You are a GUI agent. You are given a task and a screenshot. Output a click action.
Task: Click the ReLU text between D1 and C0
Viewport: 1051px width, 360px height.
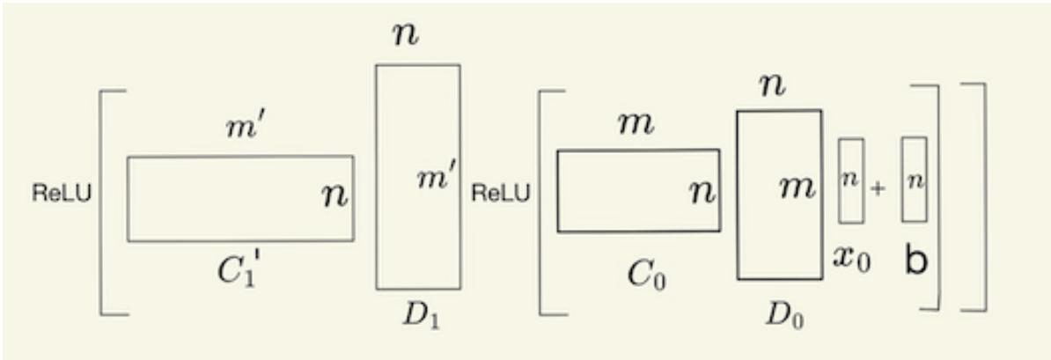click(x=502, y=194)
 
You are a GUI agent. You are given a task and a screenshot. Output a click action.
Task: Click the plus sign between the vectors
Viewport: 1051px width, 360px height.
click(x=878, y=189)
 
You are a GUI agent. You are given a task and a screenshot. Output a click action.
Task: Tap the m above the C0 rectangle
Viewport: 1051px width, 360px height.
click(x=636, y=123)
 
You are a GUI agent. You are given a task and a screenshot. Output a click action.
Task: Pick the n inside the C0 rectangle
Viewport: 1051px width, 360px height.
click(x=701, y=191)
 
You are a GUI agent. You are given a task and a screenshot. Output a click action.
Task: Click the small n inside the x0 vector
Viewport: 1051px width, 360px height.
click(x=850, y=180)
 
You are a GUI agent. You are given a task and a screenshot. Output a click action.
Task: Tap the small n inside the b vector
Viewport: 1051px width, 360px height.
click(x=914, y=180)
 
